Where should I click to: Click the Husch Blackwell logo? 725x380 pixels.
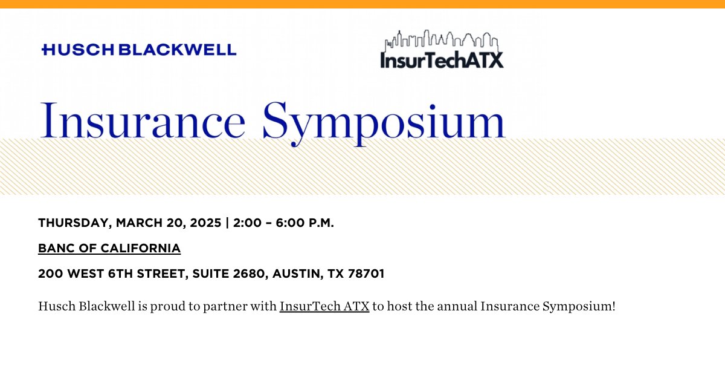[139, 50]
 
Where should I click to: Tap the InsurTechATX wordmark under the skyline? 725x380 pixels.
[442, 59]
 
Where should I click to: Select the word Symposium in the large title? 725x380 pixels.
[384, 121]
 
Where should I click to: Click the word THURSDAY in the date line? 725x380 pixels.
[72, 223]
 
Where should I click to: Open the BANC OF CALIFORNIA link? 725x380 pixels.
[109, 248]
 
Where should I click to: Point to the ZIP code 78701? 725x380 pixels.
[365, 274]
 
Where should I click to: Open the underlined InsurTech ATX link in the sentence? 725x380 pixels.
[324, 306]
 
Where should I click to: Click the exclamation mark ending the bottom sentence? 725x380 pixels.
[613, 306]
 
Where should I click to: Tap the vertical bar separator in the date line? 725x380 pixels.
[227, 223]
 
